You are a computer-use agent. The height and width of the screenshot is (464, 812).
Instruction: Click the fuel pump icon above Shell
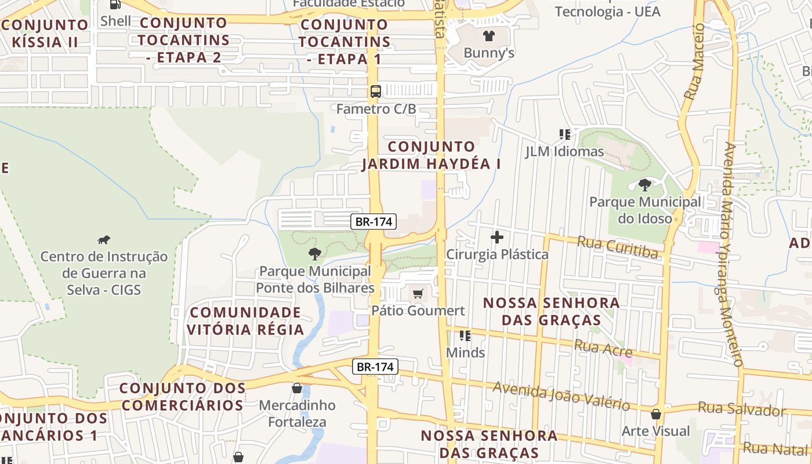(115, 5)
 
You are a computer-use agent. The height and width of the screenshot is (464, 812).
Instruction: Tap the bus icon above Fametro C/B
(376, 91)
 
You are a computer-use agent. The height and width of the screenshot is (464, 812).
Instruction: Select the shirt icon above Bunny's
(488, 36)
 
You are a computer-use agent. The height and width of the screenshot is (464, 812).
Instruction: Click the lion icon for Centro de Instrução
(104, 240)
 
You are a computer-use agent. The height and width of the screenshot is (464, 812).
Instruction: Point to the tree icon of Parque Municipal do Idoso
(644, 185)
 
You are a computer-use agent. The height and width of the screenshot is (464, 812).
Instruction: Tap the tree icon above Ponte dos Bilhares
(314, 253)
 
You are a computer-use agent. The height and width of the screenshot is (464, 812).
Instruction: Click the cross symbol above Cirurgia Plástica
(497, 237)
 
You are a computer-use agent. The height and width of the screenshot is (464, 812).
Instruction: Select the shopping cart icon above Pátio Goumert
(418, 293)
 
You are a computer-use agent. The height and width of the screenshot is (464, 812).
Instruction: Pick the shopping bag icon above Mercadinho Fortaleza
(297, 387)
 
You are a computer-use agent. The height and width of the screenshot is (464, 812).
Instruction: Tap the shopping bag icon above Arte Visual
(656, 414)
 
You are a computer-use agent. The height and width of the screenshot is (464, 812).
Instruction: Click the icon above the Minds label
(465, 335)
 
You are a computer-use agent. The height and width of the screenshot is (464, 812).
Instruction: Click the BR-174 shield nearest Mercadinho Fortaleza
(375, 367)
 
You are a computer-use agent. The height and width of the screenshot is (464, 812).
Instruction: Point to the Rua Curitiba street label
(618, 247)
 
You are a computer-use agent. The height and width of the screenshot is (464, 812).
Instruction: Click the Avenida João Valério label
(561, 396)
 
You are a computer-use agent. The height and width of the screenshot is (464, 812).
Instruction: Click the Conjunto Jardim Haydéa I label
(432, 155)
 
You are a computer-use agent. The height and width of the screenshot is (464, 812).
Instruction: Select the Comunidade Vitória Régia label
(245, 321)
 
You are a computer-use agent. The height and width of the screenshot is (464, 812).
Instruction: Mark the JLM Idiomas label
(564, 152)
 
